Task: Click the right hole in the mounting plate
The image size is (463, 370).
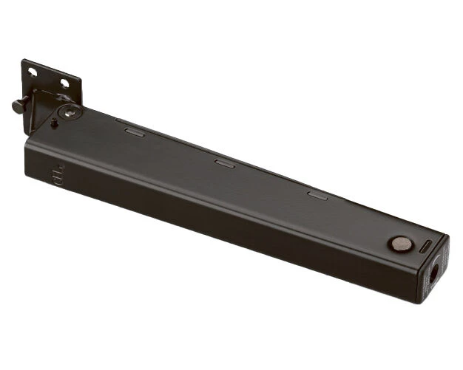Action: point(64,83)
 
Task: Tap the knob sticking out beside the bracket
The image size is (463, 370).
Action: point(17,106)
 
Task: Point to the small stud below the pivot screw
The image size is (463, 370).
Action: point(55,123)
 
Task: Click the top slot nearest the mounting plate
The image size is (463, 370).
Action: point(135,132)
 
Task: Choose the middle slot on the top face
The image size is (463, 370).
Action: point(224,163)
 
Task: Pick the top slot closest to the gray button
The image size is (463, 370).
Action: point(317,195)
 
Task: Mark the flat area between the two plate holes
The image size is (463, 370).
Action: point(49,78)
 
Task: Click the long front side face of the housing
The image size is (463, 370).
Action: point(222,222)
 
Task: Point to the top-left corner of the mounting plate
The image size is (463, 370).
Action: point(23,61)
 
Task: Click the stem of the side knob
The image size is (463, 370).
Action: point(24,102)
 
